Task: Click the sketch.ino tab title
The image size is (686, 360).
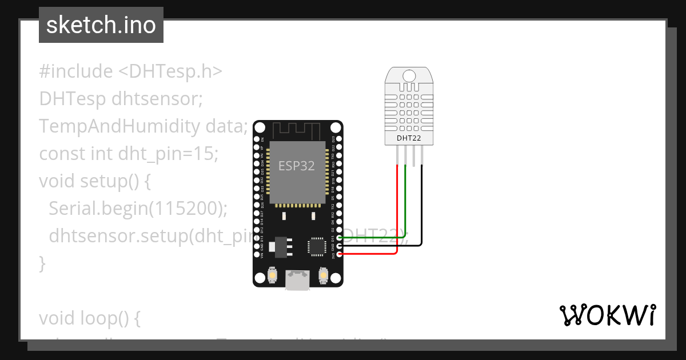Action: pos(101,25)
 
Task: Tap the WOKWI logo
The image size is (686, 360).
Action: pos(607,315)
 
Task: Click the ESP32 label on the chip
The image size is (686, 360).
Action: pos(297,166)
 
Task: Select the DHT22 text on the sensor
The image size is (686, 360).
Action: pos(409,138)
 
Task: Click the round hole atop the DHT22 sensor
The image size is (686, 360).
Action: pos(409,75)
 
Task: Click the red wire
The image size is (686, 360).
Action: pos(397,211)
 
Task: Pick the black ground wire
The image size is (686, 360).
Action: pos(422,206)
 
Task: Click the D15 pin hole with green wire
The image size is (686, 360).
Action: pos(340,237)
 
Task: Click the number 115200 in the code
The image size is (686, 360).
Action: pos(185,209)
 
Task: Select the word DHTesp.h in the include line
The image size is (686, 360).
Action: pos(170,71)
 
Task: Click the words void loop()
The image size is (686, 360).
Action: pos(90,318)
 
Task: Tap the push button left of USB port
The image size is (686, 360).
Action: pos(273,277)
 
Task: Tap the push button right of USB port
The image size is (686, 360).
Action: pos(323,277)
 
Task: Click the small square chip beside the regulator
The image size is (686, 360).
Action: pos(316,246)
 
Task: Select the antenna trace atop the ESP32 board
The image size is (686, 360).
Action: pos(297,130)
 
